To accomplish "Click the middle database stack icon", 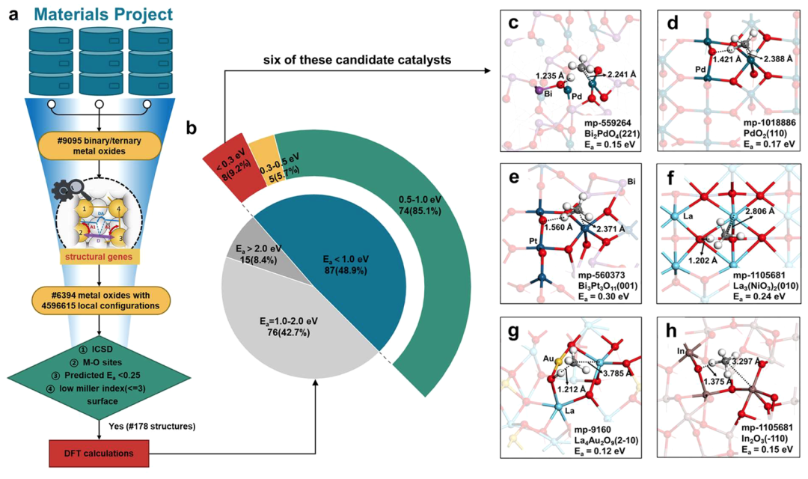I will pyautogui.click(x=101, y=61).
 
